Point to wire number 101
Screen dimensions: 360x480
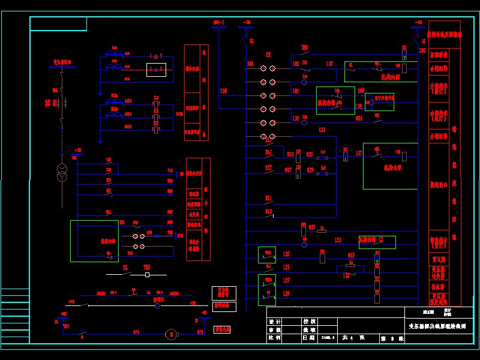[250, 63]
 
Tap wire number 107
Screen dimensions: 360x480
[329, 63]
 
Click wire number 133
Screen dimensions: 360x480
[322, 130]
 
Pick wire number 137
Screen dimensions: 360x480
[359, 153]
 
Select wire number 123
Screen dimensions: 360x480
[338, 240]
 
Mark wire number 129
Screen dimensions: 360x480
[286, 293]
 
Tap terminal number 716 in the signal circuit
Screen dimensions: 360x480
[170, 172]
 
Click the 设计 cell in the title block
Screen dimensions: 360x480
[275, 321]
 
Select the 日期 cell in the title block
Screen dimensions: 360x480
[310, 338]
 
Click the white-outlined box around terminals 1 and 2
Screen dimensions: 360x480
[156, 70]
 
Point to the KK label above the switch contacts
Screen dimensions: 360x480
[269, 54]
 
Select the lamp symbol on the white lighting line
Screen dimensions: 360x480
[157, 305]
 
